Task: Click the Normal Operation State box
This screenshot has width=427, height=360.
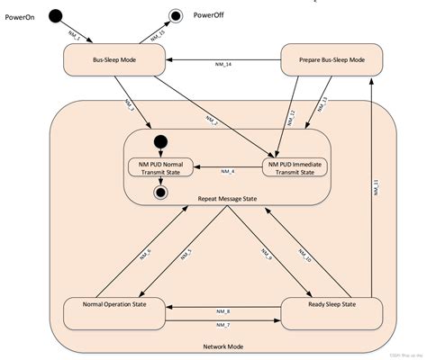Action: click(x=115, y=313)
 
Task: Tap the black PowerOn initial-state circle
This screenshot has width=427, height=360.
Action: click(x=56, y=15)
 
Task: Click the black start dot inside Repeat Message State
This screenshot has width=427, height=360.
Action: click(x=162, y=140)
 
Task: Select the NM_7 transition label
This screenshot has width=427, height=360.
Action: click(x=223, y=323)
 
